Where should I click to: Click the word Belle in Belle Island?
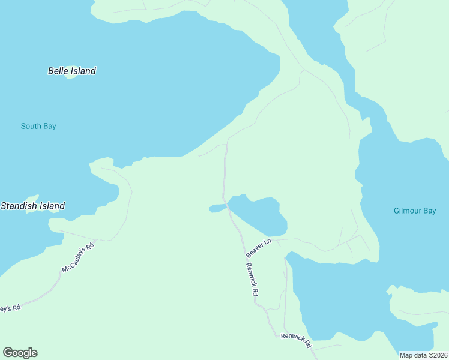58,71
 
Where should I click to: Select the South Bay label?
38,126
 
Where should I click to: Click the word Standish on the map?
19,206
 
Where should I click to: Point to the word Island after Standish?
52,206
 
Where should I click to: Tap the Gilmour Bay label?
414,211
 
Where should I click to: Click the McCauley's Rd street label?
79,257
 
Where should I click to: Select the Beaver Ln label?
259,248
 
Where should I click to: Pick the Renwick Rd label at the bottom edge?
297,341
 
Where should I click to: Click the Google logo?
20,353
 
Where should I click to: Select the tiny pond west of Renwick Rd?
217,208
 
